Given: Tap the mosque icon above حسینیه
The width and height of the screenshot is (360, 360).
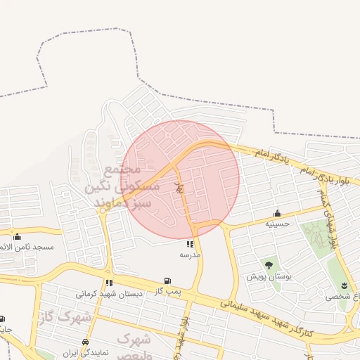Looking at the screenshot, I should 278,213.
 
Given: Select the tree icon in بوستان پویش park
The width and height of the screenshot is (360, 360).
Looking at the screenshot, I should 269,265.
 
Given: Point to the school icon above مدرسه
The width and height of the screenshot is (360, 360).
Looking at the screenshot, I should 190,244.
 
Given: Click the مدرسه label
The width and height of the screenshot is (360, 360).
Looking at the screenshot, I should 190,254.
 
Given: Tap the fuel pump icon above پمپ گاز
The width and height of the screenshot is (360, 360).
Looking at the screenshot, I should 167,281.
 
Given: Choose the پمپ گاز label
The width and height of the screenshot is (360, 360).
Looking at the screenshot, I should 169,291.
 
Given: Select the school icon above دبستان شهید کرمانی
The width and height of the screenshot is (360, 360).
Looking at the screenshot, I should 109,283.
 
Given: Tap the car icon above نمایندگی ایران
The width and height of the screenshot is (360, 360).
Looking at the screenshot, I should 85,342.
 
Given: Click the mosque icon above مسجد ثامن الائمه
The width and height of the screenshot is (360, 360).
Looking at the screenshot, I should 17,237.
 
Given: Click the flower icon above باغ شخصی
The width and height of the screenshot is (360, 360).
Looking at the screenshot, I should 344,285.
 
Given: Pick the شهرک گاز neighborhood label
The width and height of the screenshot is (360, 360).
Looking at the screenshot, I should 65,316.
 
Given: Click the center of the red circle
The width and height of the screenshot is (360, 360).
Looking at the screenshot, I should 180,179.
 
